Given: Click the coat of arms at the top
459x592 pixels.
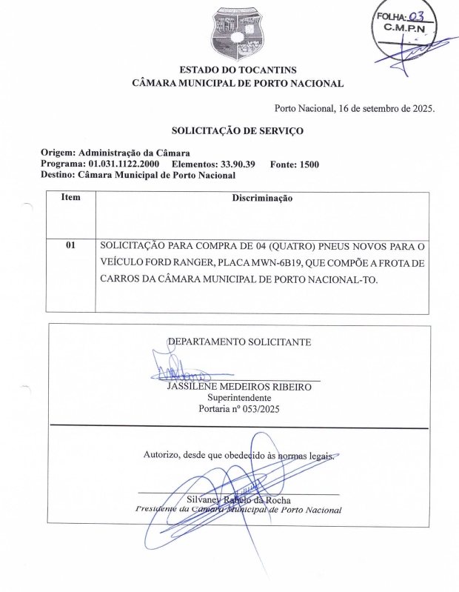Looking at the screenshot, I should (237, 33).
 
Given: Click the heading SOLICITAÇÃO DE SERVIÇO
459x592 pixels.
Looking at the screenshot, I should (238, 130).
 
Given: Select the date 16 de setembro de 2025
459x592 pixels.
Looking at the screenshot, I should (386, 108).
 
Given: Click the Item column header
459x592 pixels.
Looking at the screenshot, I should (70, 198).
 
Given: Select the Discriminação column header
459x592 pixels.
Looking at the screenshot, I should (262, 199).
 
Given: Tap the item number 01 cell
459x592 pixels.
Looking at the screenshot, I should (70, 245).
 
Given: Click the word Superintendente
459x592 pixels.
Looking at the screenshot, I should (239, 398).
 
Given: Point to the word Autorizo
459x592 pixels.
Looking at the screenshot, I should (161, 455).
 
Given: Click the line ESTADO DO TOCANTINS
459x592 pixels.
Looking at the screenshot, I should (237, 70).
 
